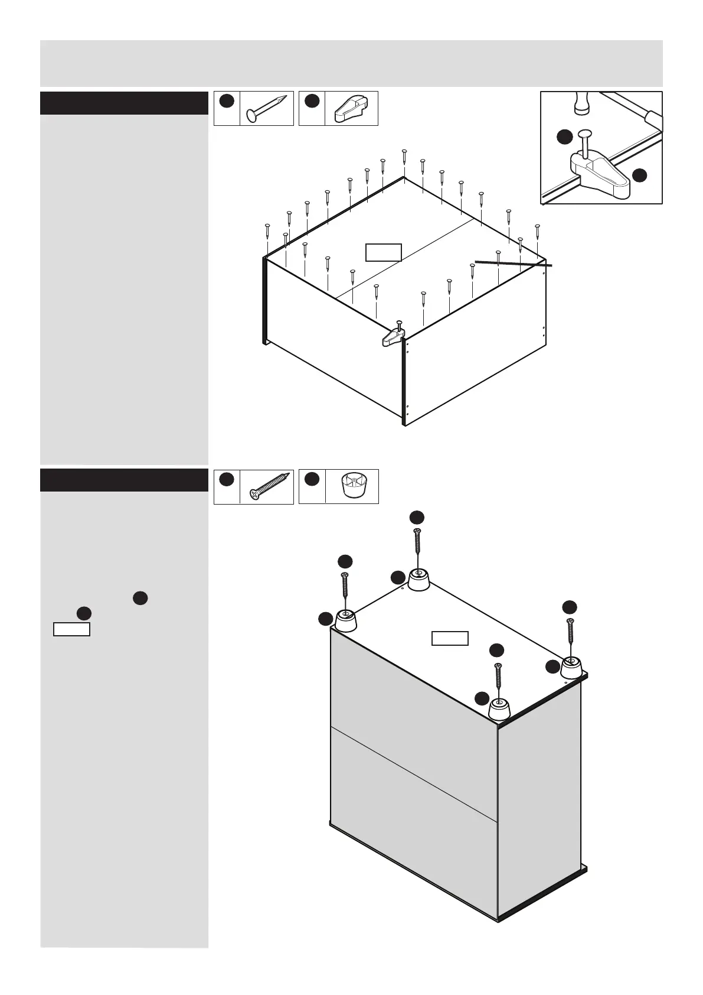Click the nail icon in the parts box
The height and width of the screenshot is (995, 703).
tap(266, 109)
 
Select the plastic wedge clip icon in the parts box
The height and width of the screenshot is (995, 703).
tap(351, 109)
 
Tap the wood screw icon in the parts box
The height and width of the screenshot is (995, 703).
tap(270, 486)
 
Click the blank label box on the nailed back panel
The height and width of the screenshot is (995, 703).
tap(383, 252)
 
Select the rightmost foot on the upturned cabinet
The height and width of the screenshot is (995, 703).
tap(570, 668)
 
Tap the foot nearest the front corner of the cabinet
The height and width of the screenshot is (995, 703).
tap(500, 710)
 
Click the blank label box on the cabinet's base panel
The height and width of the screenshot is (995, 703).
tap(450, 638)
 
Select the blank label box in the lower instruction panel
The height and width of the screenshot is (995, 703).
tap(71, 629)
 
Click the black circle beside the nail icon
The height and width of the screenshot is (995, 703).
tap(225, 101)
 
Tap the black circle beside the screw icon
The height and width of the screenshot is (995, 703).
tap(225, 479)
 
